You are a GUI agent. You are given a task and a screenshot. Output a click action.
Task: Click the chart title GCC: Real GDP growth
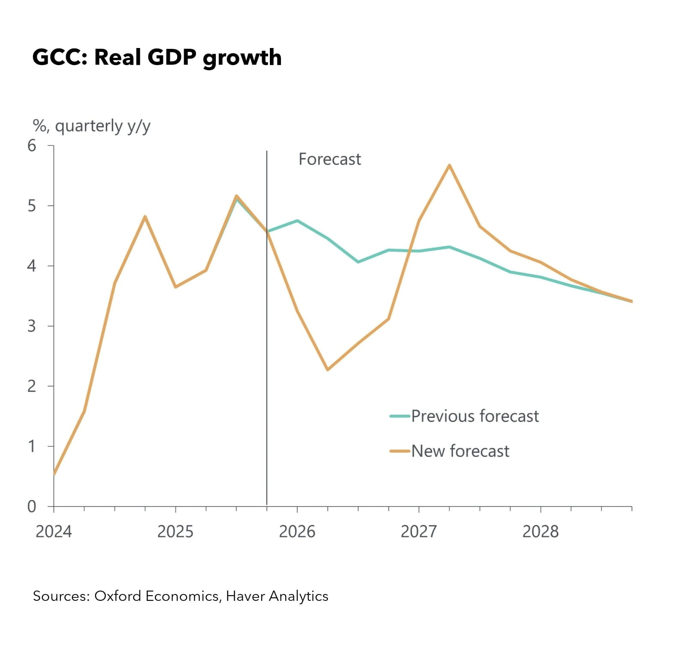(x=157, y=57)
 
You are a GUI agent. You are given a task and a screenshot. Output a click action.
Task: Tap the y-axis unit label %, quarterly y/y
(x=91, y=126)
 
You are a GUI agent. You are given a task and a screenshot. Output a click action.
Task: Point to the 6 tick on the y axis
(x=32, y=146)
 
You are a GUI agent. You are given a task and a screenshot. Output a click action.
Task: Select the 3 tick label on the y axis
(x=32, y=326)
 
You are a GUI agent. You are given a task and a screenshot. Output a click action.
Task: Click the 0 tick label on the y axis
(x=32, y=507)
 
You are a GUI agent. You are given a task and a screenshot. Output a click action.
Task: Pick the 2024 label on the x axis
(x=54, y=531)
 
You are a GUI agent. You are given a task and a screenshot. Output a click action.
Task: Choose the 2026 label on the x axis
(x=297, y=531)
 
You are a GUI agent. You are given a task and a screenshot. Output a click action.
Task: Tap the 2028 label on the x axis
(x=540, y=531)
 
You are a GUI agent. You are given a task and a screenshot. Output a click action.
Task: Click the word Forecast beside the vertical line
(x=329, y=159)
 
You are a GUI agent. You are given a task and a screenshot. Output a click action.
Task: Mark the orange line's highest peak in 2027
(x=449, y=165)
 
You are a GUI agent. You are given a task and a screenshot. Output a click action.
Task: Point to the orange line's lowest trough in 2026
(x=327, y=369)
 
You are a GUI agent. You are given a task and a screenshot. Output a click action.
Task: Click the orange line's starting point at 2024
(x=54, y=474)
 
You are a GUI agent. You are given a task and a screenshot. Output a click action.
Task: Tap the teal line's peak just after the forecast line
(x=297, y=221)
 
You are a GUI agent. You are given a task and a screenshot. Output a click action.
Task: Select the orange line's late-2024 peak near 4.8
(x=145, y=216)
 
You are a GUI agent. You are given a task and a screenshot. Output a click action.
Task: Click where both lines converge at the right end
(x=631, y=301)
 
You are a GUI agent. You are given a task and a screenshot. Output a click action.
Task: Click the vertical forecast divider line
(x=267, y=343)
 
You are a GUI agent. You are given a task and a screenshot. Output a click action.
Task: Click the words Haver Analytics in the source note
(x=277, y=596)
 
